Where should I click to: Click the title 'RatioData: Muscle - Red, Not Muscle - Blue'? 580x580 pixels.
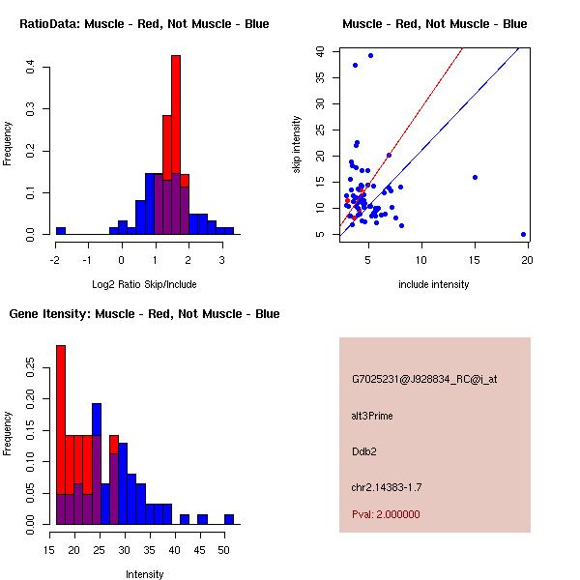coord(144,23)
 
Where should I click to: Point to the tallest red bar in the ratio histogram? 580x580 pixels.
coord(176,116)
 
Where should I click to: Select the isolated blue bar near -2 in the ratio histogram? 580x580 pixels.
coord(61,231)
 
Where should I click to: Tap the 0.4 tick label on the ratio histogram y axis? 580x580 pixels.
coord(32,67)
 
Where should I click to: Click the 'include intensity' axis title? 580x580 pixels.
coord(434,284)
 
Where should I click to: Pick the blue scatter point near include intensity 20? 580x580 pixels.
coord(523,234)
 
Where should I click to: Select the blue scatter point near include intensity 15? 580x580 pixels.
coord(475,177)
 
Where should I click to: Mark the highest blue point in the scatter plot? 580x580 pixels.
coord(370,55)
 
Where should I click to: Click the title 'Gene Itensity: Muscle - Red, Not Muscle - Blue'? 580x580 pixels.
coord(144,314)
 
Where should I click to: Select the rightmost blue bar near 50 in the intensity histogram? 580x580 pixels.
coord(229,519)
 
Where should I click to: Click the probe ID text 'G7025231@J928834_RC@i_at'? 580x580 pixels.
coord(424,379)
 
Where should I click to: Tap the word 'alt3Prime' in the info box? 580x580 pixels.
coord(372,416)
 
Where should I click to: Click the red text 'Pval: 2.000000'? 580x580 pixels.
coord(386,514)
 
